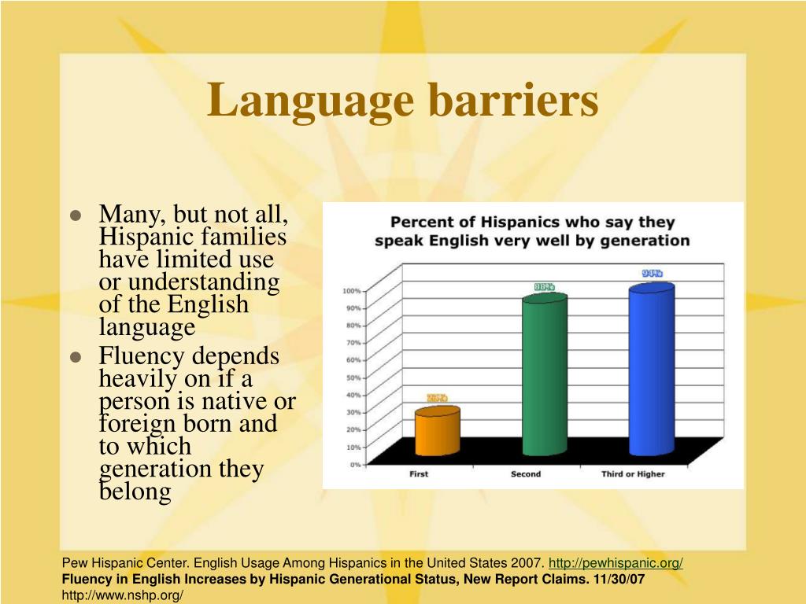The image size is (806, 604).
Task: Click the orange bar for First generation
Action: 437,433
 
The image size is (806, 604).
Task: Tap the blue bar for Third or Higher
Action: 651,370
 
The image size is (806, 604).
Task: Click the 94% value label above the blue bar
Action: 652,274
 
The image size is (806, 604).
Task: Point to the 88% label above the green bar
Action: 545,287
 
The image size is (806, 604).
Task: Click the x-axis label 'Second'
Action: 526,474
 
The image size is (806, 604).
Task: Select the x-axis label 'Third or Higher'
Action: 633,474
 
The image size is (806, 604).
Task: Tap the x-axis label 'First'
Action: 419,474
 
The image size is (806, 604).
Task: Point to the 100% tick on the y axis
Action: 351,291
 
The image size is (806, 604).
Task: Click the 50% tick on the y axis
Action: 353,377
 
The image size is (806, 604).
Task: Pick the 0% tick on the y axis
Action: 355,465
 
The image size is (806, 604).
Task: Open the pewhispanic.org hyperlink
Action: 616,563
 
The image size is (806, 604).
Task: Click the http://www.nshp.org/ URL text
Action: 123,595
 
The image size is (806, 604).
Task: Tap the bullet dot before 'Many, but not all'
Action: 76,215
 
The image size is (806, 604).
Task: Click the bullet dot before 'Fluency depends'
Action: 76,357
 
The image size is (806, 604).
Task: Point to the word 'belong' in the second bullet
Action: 135,492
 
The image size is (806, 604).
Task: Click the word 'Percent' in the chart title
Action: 423,223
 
